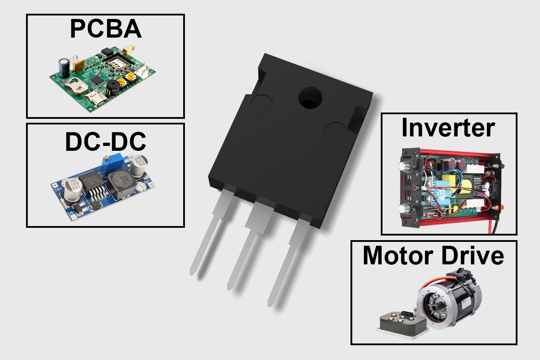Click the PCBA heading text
(x=105, y=29)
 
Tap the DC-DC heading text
(x=105, y=142)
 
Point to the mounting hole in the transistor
(x=310, y=98)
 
